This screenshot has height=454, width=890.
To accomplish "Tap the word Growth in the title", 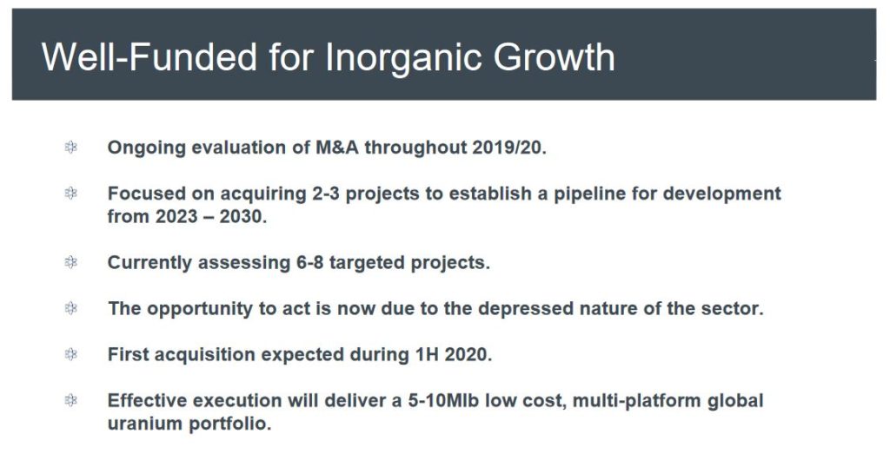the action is tap(554, 58).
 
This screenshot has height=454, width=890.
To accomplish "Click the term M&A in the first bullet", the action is tap(337, 148).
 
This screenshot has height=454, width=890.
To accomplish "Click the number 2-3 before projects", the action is tap(326, 194).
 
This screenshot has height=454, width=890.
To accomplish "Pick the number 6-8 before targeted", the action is tap(309, 263).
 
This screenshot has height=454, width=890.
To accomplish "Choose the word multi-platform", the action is tap(637, 401).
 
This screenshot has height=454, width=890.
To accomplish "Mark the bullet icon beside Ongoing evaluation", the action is tap(71, 148).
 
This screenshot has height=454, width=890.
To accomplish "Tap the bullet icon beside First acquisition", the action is tap(71, 355).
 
